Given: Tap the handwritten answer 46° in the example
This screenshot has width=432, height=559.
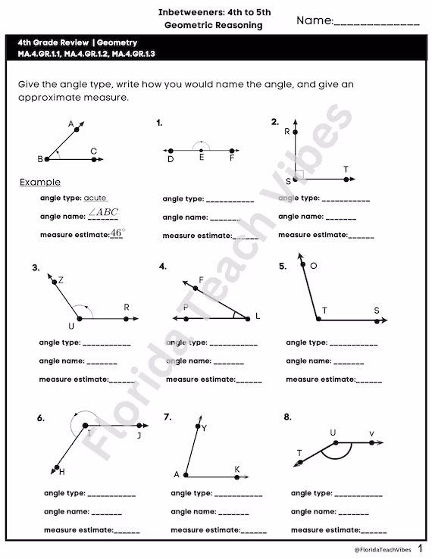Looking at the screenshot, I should [117, 234].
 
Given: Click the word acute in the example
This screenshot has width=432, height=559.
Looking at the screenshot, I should [95, 197].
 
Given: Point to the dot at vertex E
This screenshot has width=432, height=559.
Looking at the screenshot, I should [201, 151].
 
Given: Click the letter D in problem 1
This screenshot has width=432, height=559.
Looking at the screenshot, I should [171, 160].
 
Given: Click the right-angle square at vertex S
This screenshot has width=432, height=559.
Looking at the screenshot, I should [300, 175].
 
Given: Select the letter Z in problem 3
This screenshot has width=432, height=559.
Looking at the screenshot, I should [60, 280].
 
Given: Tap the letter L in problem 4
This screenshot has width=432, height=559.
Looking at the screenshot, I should [258, 315].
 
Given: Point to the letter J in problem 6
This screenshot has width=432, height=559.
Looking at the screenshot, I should [139, 436].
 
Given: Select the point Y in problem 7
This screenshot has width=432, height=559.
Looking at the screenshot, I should [198, 428].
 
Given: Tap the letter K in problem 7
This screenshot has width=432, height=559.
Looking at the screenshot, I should [237, 470].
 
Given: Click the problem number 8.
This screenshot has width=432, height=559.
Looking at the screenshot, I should [287, 417].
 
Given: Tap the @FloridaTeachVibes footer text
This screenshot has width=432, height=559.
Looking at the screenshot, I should [380, 548].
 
